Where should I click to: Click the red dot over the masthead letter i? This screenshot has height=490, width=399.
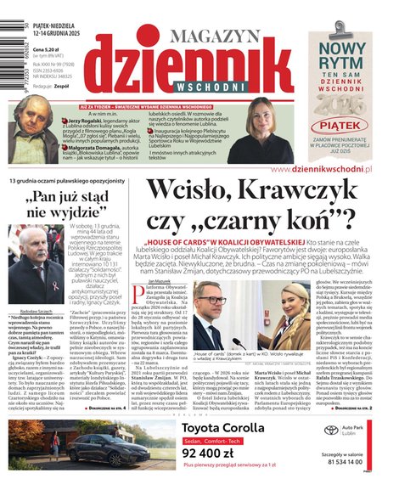[151, 34]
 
